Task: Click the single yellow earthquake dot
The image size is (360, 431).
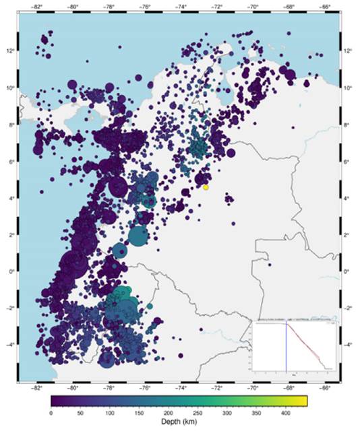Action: (x=206, y=187)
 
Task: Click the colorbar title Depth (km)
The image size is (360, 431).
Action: (x=180, y=422)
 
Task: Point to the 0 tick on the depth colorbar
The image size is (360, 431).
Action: (x=51, y=411)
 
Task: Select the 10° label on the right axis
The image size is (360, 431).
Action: (x=349, y=88)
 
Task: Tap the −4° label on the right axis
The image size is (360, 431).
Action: (x=349, y=345)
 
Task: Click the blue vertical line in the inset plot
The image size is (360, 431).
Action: (x=286, y=346)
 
